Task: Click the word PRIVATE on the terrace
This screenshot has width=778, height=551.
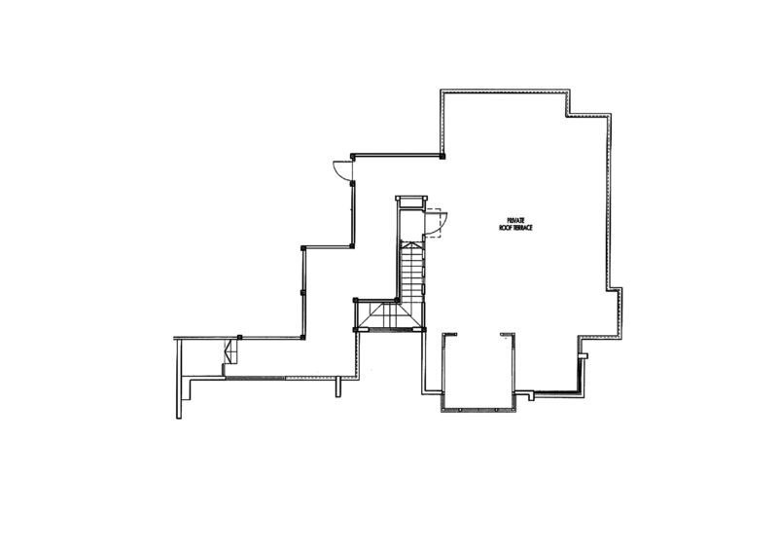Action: pos(515,220)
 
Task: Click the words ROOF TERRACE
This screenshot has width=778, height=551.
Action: pos(515,228)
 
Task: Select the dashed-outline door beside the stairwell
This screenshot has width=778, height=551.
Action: pos(436,223)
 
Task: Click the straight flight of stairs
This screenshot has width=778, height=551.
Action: pos(412,271)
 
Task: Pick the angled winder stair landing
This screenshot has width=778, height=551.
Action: pos(389,316)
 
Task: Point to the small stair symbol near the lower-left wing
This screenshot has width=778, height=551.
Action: pos(230,350)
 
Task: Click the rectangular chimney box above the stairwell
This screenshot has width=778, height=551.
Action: pos(411,202)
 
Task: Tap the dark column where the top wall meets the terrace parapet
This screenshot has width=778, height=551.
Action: pos(442,156)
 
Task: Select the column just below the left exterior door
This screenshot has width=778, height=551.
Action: pos(352,183)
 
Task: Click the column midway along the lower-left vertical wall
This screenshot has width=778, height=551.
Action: pos(302,292)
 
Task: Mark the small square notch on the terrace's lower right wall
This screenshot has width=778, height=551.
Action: pos(584,355)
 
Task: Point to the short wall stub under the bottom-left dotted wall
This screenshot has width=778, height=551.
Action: pos(338,387)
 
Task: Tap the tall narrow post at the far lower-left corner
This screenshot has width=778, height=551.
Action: pos(179,379)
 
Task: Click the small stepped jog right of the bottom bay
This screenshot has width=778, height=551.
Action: pos(526,394)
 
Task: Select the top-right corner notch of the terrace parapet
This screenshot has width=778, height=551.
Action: pos(589,103)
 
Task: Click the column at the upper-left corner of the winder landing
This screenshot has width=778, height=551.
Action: pos(355,300)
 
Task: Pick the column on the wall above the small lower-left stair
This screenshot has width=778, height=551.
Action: pos(239,338)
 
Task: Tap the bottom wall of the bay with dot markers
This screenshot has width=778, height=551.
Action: pos(477,411)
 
